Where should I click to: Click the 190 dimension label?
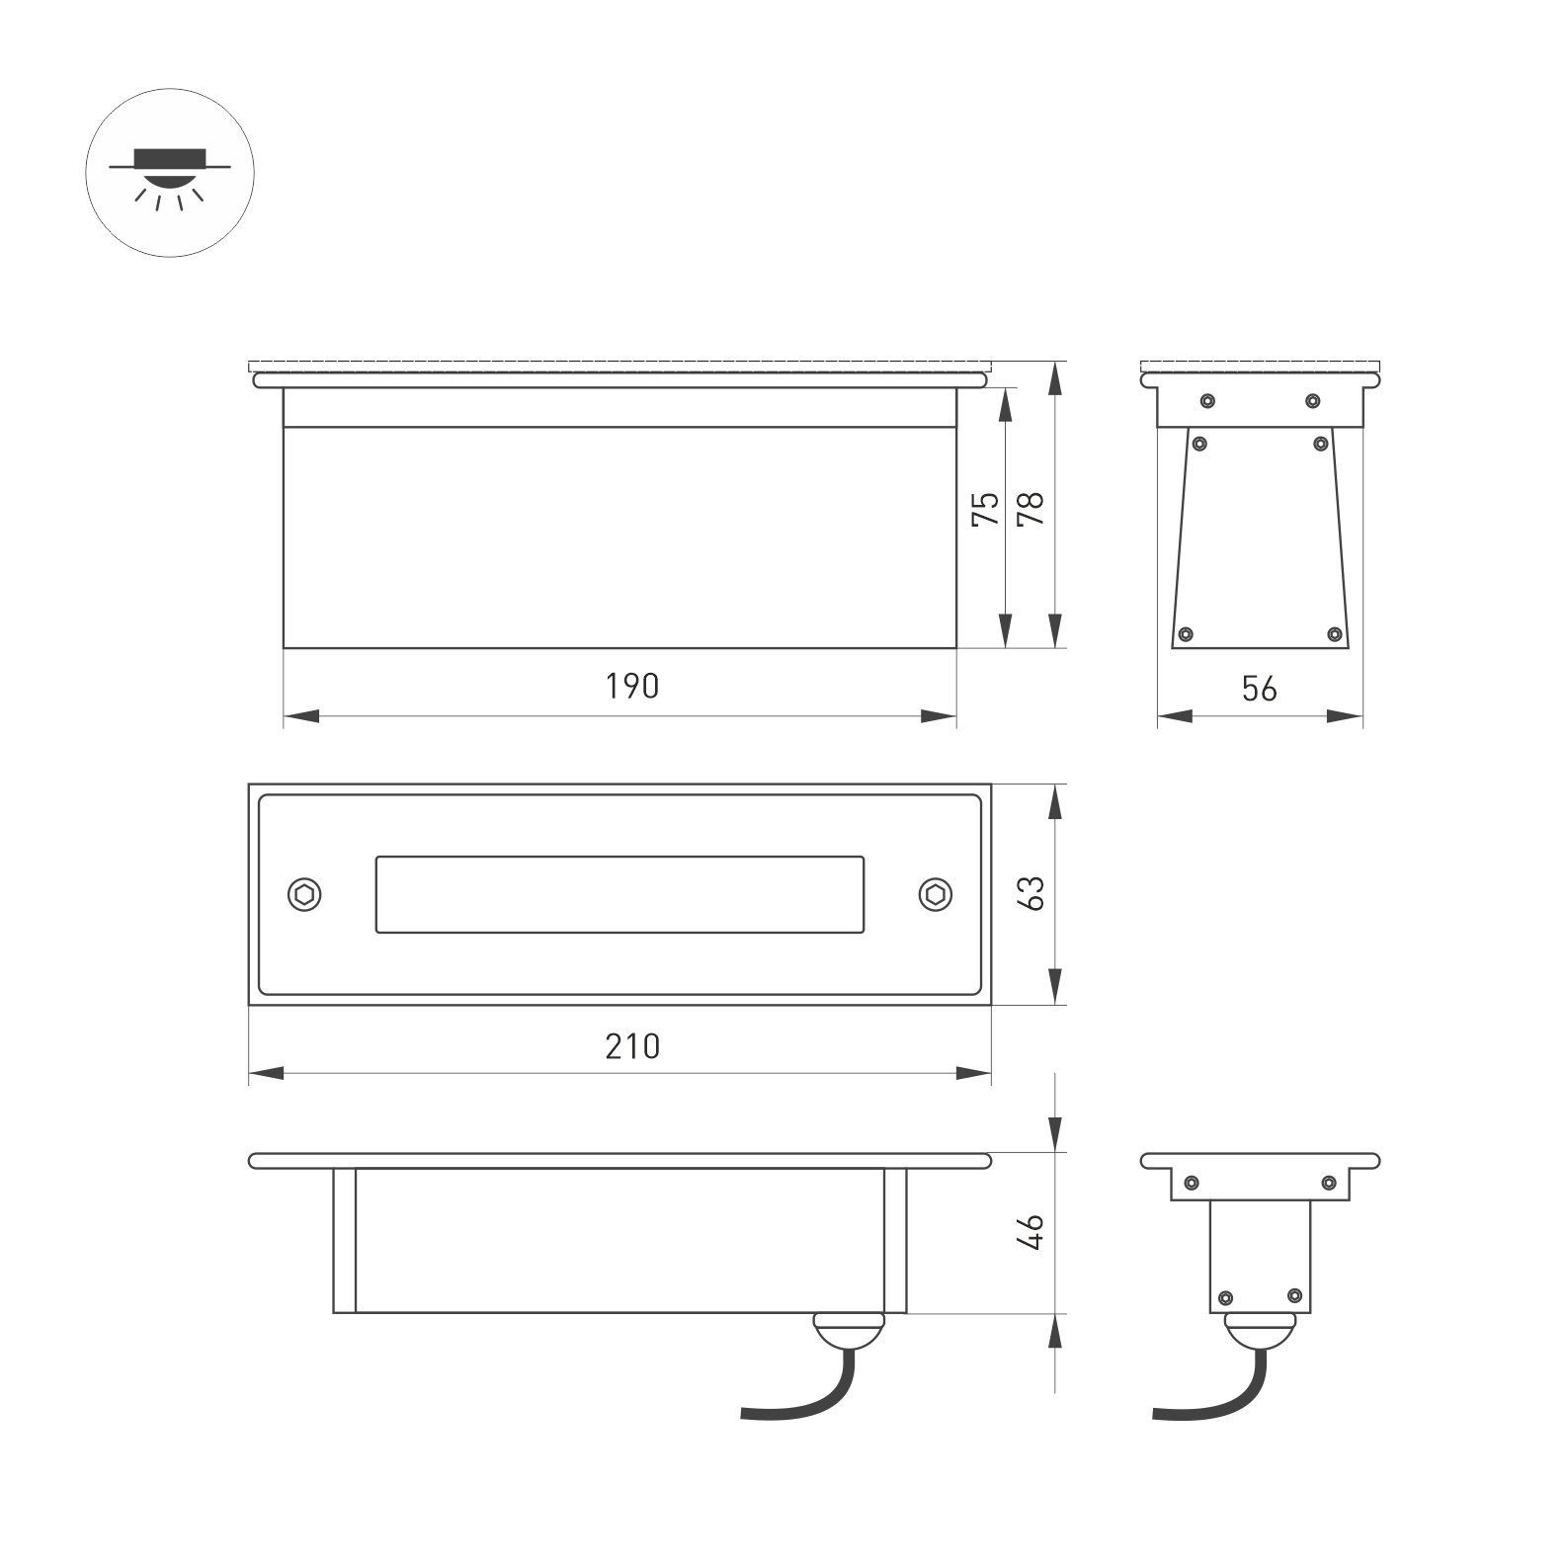click(632, 686)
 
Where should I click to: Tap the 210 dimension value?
click(632, 1045)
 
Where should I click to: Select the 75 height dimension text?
click(986, 509)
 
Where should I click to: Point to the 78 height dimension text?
click(1031, 509)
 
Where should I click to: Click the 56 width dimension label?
click(1260, 689)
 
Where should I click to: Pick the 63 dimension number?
click(1031, 893)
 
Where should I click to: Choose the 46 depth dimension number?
click(1031, 1233)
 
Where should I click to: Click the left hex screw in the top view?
click(305, 894)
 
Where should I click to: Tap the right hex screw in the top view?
click(935, 894)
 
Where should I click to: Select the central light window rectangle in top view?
click(619, 894)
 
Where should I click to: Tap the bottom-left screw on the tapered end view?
click(1187, 633)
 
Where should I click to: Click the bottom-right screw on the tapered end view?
click(1334, 633)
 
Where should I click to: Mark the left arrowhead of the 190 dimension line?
click(300, 716)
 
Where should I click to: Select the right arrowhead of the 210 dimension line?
click(974, 1073)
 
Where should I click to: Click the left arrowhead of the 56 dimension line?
click(1175, 716)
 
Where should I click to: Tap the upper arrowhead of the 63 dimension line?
click(1057, 801)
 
